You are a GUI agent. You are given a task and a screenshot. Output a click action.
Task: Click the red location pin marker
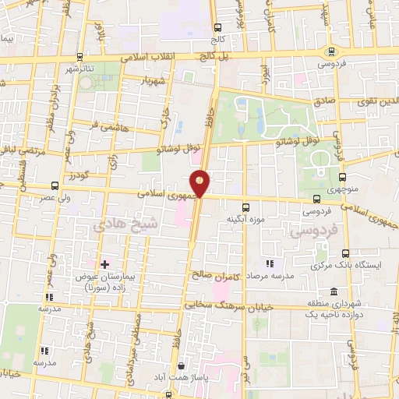point(200,182)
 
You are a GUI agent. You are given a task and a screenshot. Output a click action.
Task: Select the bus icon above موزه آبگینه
point(246,207)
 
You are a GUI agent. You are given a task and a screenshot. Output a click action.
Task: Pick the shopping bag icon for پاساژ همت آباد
point(181,365)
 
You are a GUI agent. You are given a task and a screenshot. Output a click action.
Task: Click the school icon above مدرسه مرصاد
point(269,264)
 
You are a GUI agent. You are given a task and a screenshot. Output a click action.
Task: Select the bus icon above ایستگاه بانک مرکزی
point(346,253)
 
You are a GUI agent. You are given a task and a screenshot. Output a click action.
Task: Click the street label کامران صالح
point(213,273)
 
